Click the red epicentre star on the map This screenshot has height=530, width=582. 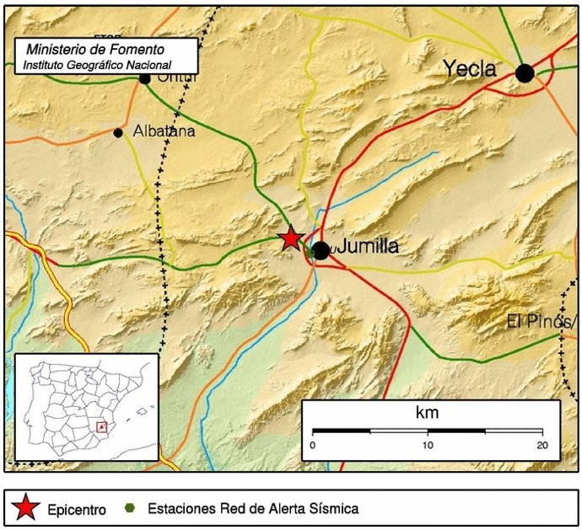click(291, 238)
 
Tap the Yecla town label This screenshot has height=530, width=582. click(470, 69)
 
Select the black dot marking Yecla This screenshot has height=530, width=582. click(525, 72)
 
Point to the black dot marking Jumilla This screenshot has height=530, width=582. click(321, 250)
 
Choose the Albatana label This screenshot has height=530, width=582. click(164, 131)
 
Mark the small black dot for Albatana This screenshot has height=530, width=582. click(118, 132)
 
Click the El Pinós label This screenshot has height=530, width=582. click(540, 321)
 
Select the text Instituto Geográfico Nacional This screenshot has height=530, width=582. click(97, 65)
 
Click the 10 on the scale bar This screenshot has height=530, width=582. click(428, 445)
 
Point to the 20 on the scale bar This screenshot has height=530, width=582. click(542, 445)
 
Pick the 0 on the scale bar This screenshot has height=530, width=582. click(313, 445)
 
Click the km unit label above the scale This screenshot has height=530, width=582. click(428, 414)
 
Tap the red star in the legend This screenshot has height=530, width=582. click(26, 508)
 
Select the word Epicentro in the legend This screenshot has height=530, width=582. click(77, 509)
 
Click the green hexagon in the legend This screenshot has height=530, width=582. click(131, 508)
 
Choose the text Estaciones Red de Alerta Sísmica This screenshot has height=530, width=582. click(253, 508)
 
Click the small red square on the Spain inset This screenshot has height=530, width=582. click(101, 427)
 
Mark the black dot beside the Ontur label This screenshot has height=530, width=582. click(144, 78)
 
